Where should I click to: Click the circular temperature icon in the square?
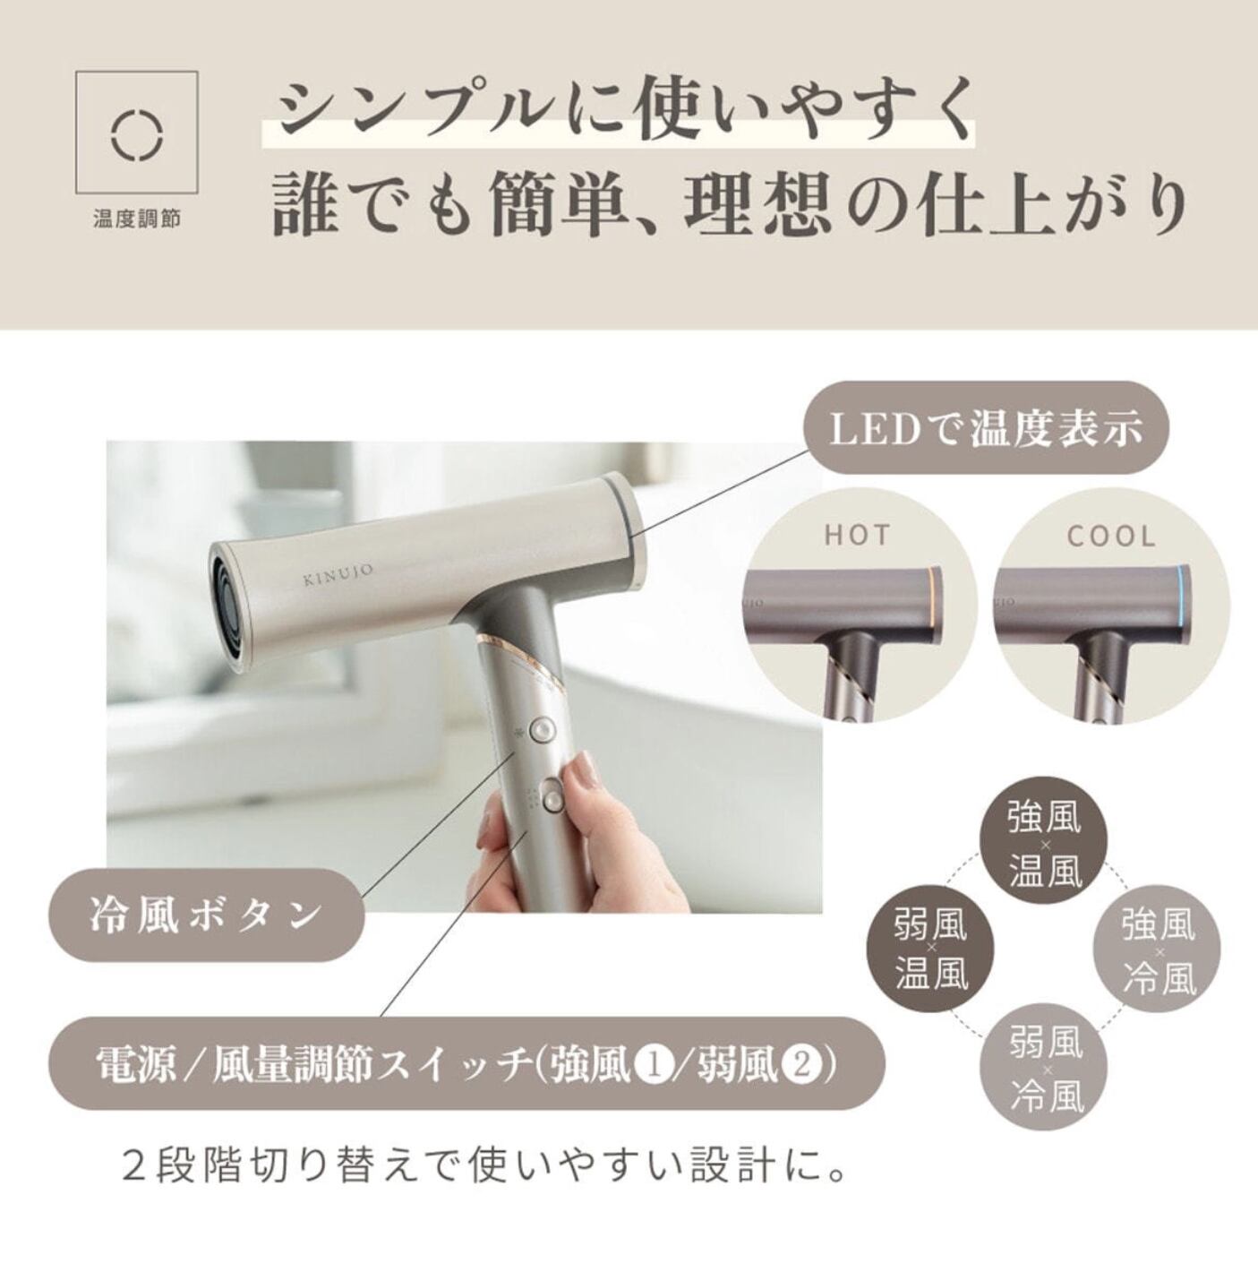(137, 135)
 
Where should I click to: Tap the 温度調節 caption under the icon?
(137, 219)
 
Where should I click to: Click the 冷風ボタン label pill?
(206, 914)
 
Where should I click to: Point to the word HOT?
(858, 536)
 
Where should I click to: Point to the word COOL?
(1111, 536)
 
